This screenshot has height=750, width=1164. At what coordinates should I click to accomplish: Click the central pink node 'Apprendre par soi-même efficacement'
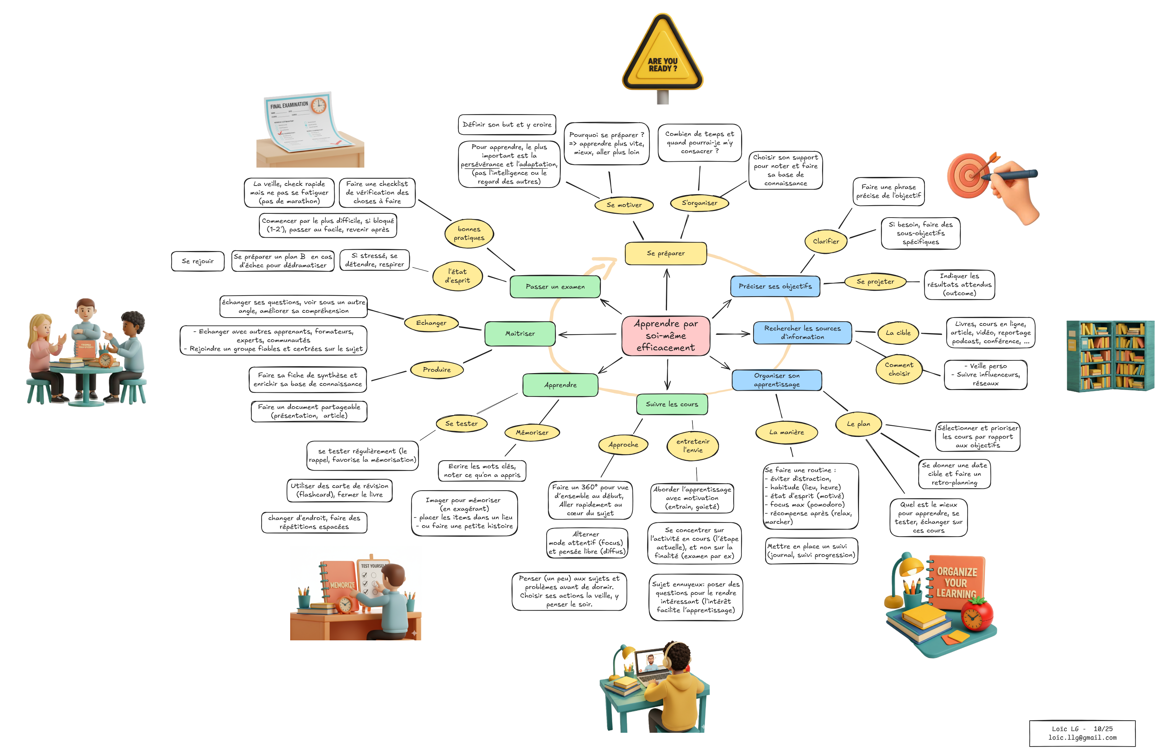tap(666, 335)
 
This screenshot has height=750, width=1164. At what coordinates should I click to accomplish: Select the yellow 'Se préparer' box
tap(666, 253)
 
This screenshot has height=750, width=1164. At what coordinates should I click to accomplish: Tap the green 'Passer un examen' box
tap(555, 286)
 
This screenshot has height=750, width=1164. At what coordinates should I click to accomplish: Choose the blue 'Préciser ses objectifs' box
tap(775, 286)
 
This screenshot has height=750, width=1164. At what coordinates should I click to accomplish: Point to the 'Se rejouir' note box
tap(198, 261)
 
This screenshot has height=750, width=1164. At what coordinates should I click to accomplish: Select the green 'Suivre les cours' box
tap(672, 404)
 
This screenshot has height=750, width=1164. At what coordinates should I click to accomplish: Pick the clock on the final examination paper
tap(318, 105)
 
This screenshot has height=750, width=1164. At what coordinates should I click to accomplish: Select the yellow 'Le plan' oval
tap(858, 424)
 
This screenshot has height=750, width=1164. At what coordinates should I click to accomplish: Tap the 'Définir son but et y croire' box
tap(507, 125)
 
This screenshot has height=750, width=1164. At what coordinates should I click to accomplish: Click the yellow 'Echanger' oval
tap(431, 322)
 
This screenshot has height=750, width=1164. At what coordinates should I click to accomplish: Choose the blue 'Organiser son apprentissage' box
tap(777, 380)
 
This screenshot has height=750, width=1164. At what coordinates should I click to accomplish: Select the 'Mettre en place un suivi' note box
tap(811, 551)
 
